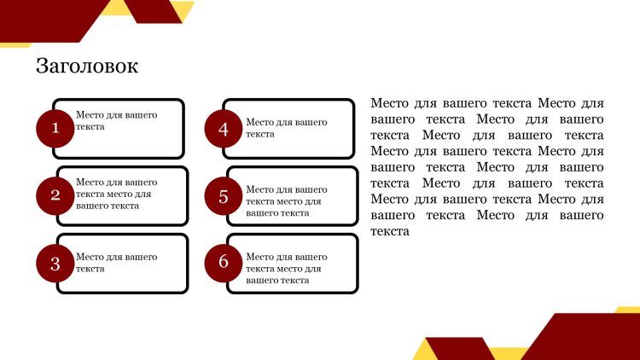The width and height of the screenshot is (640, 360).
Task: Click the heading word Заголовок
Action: tap(87, 66)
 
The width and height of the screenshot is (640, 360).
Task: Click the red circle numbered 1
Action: tap(55, 128)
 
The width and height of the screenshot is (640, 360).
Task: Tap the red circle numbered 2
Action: tap(55, 195)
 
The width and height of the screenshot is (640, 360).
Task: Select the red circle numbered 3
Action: tap(55, 264)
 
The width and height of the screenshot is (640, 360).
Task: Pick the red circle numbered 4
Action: tap(224, 129)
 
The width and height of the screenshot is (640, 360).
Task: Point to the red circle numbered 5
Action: tap(224, 196)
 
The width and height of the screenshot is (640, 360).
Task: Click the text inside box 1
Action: tap(116, 121)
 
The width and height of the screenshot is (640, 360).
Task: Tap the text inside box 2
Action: tap(116, 194)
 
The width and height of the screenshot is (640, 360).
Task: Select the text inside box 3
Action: tap(116, 263)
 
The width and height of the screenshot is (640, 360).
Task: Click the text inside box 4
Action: tap(286, 128)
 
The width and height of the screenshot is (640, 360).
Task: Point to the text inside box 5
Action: tap(286, 201)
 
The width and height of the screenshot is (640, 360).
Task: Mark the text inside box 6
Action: tap(286, 269)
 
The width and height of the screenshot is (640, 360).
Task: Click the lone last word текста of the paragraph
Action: tap(390, 231)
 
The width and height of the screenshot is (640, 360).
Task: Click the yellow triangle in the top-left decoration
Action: tap(183, 9)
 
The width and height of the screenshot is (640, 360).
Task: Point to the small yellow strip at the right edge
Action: tap(628, 310)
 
